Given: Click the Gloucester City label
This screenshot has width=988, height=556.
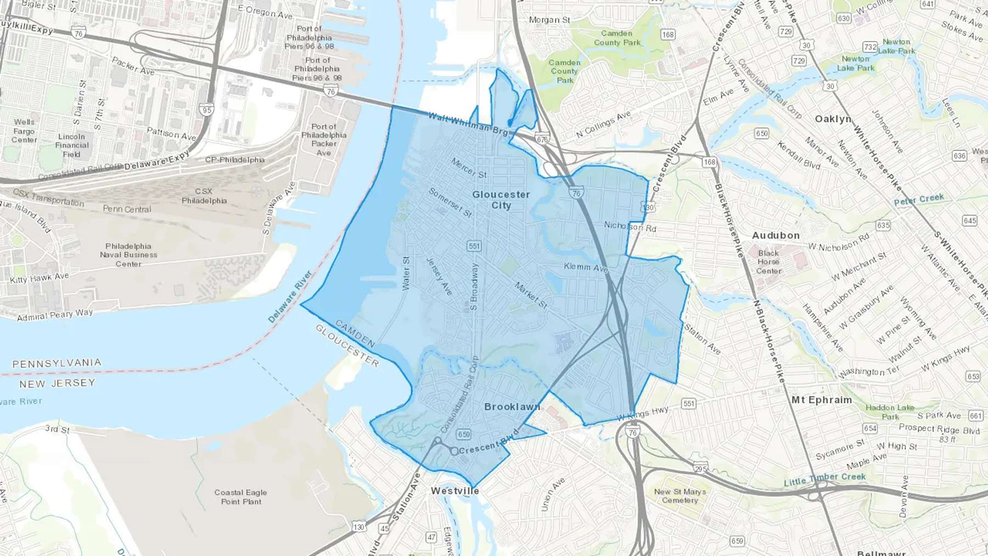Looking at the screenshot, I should tap(501, 200).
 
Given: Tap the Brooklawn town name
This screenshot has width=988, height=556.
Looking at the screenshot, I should tap(512, 407).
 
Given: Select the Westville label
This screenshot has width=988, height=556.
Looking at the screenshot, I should tap(455, 491).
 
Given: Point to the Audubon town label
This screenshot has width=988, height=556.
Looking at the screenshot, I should tap(776, 235).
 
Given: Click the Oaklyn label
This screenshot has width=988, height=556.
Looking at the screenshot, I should tap(833, 119).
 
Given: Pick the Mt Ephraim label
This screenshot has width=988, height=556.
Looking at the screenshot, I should tap(821, 400).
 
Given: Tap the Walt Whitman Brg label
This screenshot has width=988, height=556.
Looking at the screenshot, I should tap(468, 124).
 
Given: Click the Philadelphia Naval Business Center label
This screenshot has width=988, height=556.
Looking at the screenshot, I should tap(128, 255).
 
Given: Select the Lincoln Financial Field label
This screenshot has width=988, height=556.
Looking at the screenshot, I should tap(72, 145).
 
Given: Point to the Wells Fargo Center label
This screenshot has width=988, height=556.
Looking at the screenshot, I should tap(24, 131).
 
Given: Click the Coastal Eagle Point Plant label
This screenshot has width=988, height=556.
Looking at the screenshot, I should tap(240, 497).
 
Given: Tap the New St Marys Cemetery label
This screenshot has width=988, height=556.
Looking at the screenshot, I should tap(680, 496).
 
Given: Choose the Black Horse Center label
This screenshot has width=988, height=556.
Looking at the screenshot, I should tap(768, 262).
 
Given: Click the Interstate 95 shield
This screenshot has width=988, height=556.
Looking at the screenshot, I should tap(207, 110).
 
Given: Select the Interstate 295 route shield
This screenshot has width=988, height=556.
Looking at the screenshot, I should tap(700, 469).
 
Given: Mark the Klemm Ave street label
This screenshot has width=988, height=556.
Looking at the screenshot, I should tap(586, 267).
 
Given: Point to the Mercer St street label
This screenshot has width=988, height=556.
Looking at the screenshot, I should tap(469, 168).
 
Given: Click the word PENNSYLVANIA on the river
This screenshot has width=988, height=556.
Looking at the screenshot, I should tap(57, 363).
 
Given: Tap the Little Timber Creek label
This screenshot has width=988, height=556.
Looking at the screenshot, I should tap(824, 479).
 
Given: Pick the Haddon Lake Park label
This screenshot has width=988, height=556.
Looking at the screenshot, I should tap(890, 412).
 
